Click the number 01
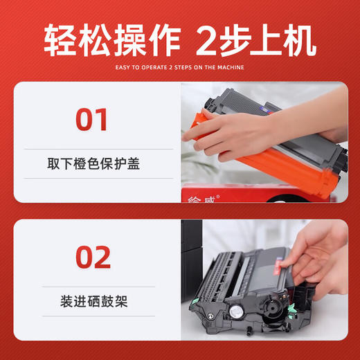pos(92,119)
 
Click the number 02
pos(92,257)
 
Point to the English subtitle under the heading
pos(180,67)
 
